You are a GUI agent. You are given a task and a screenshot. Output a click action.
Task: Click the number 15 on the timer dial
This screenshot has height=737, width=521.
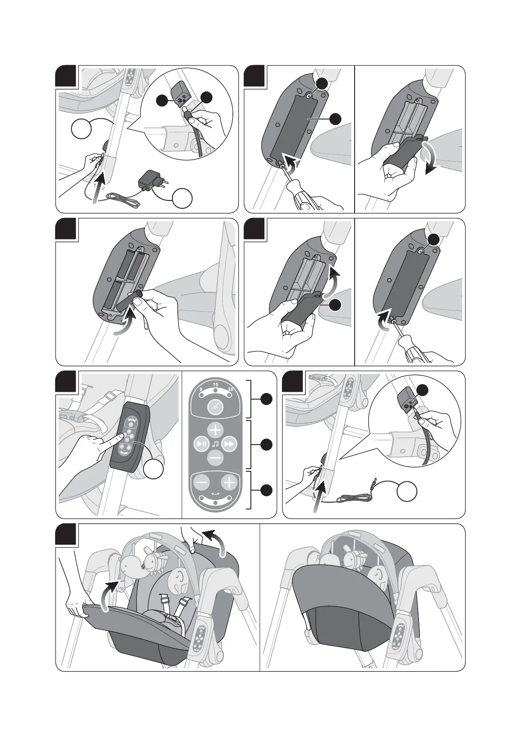tap(215, 384)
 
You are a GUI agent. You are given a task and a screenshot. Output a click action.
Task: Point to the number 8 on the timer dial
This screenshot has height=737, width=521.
tap(201, 389)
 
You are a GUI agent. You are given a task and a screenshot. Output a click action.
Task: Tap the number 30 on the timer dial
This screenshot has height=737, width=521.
tap(231, 389)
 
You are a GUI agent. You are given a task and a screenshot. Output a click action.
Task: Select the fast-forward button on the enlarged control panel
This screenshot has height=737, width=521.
tap(229, 444)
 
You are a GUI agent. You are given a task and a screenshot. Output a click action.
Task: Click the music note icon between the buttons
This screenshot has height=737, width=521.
tap(215, 444)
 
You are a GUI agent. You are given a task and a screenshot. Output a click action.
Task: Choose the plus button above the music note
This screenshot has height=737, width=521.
tap(215, 430)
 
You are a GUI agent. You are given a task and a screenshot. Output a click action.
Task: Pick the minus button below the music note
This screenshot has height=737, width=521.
tap(215, 458)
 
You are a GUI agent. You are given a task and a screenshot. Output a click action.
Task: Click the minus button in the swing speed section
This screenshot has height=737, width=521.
tap(202, 483)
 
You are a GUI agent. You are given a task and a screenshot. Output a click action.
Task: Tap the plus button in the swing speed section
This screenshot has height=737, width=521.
tap(229, 483)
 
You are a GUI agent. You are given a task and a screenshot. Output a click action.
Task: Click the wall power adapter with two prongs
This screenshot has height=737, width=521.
tap(148, 180)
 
